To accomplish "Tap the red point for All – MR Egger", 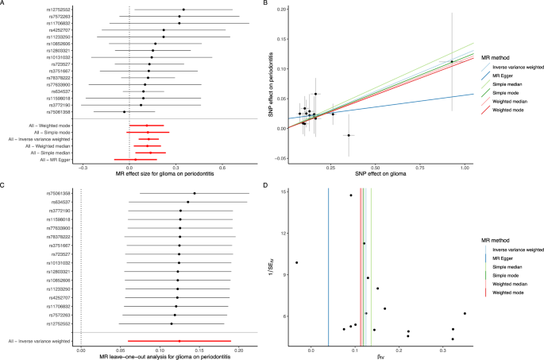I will click(x=136, y=160).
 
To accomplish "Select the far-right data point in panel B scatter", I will click(x=452, y=62).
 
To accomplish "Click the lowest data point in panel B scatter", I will click(x=348, y=135).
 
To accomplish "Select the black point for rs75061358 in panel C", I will click(x=194, y=193).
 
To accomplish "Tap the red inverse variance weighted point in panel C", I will click(x=179, y=342).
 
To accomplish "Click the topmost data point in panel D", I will click(x=350, y=195).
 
